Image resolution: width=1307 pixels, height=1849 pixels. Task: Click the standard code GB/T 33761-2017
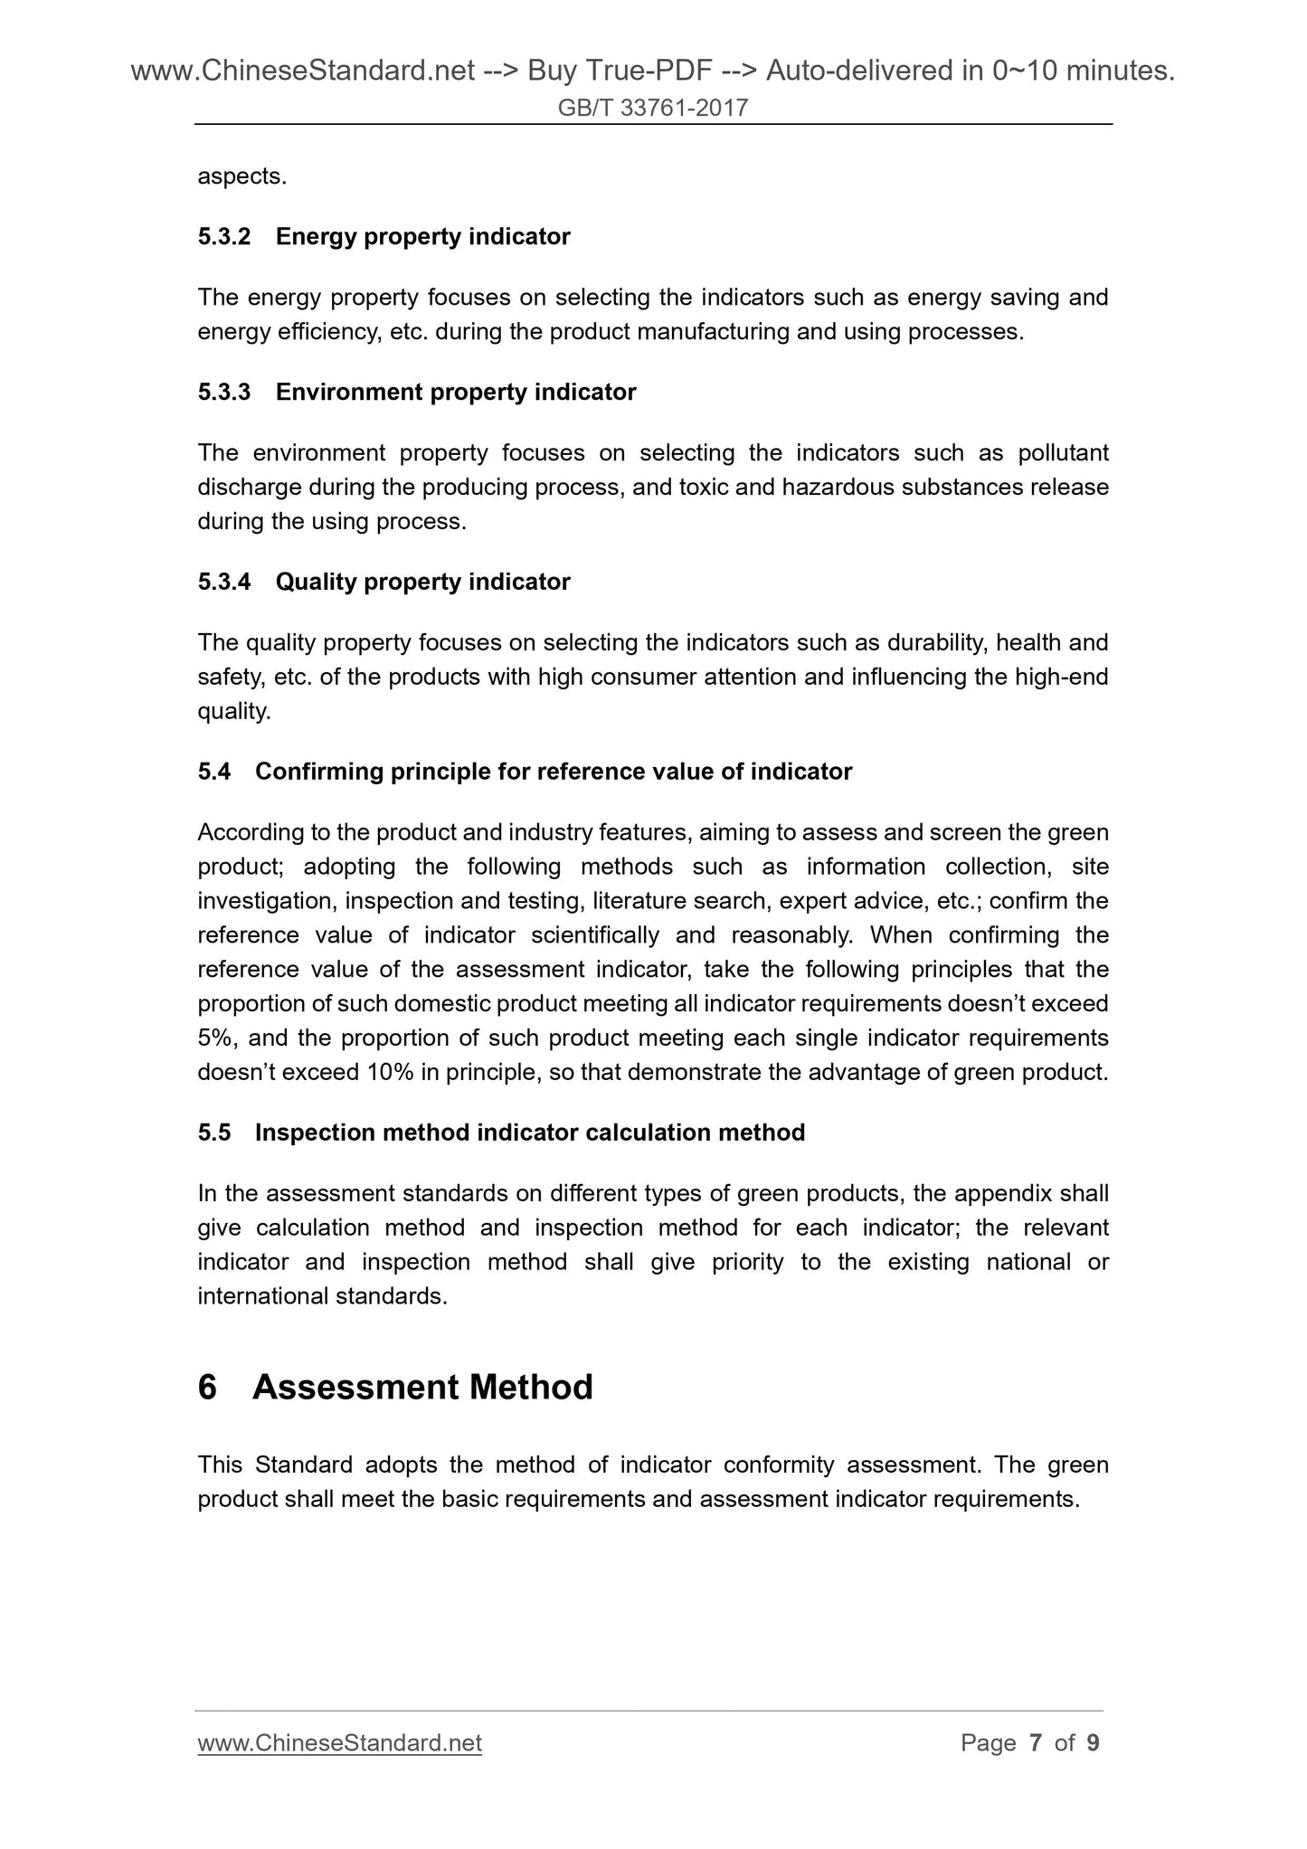[653, 109]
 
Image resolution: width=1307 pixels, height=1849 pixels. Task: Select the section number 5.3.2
[223, 237]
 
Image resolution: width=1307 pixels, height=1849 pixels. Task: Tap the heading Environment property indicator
[456, 393]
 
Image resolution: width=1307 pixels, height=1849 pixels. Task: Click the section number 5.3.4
[223, 583]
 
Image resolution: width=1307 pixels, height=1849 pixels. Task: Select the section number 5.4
[214, 773]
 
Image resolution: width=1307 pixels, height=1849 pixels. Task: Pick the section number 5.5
[214, 1133]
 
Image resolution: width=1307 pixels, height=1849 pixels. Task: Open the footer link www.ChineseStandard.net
[339, 1743]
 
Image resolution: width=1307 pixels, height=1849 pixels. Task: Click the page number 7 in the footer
[1036, 1743]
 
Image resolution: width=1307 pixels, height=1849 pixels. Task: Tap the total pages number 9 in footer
[1093, 1743]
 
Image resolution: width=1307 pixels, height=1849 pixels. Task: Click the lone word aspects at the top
[242, 177]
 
